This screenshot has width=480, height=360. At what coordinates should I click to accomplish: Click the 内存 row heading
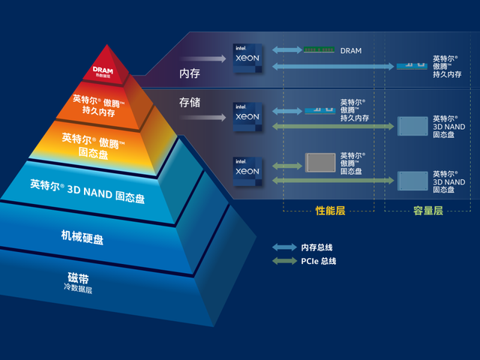(x=190, y=73)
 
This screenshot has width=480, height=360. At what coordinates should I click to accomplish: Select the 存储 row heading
(x=190, y=102)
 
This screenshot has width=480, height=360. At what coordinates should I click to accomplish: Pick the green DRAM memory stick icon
(x=319, y=50)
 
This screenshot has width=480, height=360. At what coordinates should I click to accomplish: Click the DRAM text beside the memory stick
(x=350, y=51)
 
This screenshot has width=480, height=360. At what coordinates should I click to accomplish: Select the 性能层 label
(x=329, y=211)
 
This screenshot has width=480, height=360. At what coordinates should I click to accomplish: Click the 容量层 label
(x=428, y=211)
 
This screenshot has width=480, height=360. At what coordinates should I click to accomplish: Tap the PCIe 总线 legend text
(x=319, y=261)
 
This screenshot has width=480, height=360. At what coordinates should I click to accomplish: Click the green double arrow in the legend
(x=284, y=261)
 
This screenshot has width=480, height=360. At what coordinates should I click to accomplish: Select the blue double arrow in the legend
(x=284, y=247)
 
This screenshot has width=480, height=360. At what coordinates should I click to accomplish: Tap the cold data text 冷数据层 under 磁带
(x=78, y=289)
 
